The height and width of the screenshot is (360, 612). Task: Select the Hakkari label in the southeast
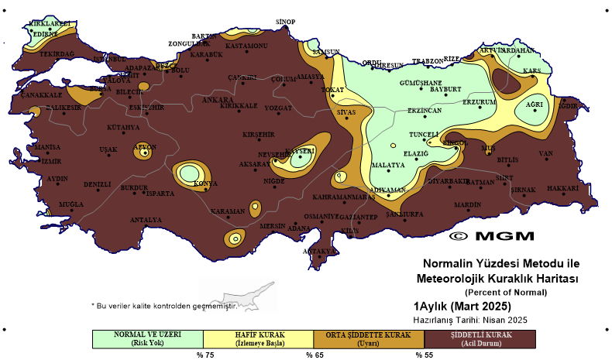click(563, 188)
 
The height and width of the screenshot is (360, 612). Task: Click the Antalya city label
click(146, 220)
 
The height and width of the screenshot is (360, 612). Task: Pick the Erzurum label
click(479, 102)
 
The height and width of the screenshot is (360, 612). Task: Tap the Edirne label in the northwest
click(45, 34)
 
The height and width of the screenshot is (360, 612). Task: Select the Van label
click(546, 153)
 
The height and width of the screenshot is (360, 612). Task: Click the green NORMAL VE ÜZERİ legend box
click(147, 338)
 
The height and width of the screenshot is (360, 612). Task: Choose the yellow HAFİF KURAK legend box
click(258, 338)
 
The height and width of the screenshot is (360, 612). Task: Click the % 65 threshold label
click(314, 355)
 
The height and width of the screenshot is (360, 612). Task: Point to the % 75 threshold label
click(204, 355)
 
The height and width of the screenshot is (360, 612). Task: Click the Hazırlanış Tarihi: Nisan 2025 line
click(470, 319)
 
